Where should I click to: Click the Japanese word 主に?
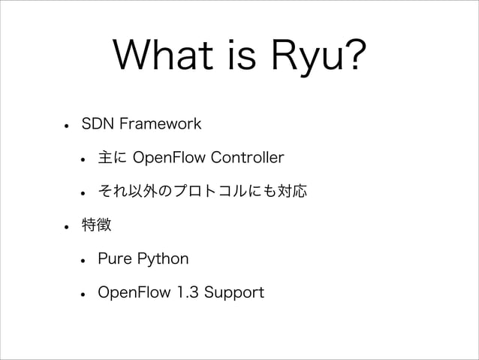[112, 158]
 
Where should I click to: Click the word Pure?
[114, 260]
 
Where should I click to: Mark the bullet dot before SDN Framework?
[67, 125]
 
